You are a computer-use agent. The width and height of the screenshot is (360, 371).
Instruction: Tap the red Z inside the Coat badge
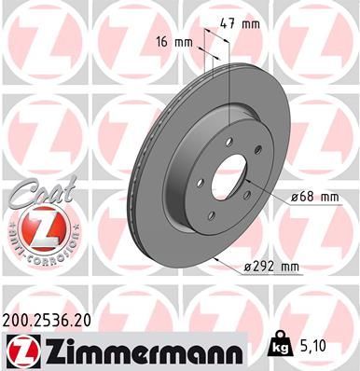pyautogui.click(x=43, y=227)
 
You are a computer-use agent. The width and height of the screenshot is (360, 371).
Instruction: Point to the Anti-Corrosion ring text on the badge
pyautogui.click(x=43, y=252)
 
